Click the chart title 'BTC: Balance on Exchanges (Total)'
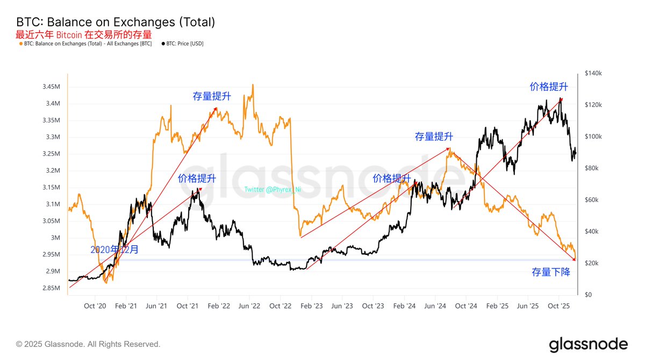point(116,22)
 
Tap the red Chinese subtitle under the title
point(84,34)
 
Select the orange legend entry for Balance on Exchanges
point(86,44)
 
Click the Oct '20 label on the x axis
point(95,306)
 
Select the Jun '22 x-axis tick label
point(249,306)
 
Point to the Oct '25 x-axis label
point(558,306)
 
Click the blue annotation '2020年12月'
point(114,250)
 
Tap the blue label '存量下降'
point(550,273)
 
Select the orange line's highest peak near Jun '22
point(253,85)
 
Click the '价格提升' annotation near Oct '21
point(197,179)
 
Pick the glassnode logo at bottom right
point(588,344)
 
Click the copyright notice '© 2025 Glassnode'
point(88,344)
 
